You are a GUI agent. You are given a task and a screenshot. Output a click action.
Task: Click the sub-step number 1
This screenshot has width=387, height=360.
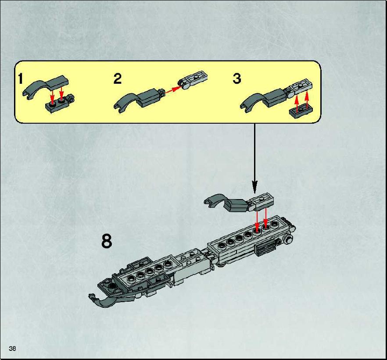tap(21, 78)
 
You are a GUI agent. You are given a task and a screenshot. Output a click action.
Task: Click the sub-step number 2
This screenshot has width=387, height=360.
tap(118, 78)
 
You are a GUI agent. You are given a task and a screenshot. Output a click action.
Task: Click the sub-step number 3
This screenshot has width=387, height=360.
tap(236, 78)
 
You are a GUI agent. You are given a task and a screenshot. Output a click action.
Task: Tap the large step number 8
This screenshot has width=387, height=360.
tap(107, 241)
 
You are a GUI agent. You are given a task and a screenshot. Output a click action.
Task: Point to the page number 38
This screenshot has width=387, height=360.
tap(12, 348)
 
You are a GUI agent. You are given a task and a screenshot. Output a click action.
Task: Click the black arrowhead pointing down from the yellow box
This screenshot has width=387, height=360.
tap(254, 187)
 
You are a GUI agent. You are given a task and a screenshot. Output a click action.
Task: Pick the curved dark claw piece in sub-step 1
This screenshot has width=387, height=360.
tap(45, 87)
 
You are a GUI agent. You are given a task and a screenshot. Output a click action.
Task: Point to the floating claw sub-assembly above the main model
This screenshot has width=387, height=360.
tap(240, 203)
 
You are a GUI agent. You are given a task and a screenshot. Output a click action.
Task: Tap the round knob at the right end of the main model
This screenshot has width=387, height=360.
tap(288, 239)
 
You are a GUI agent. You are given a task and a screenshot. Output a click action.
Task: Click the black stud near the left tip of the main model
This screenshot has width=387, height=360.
tap(112, 285)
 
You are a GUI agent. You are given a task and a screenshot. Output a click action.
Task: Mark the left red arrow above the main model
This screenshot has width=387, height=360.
tap(257, 220)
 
